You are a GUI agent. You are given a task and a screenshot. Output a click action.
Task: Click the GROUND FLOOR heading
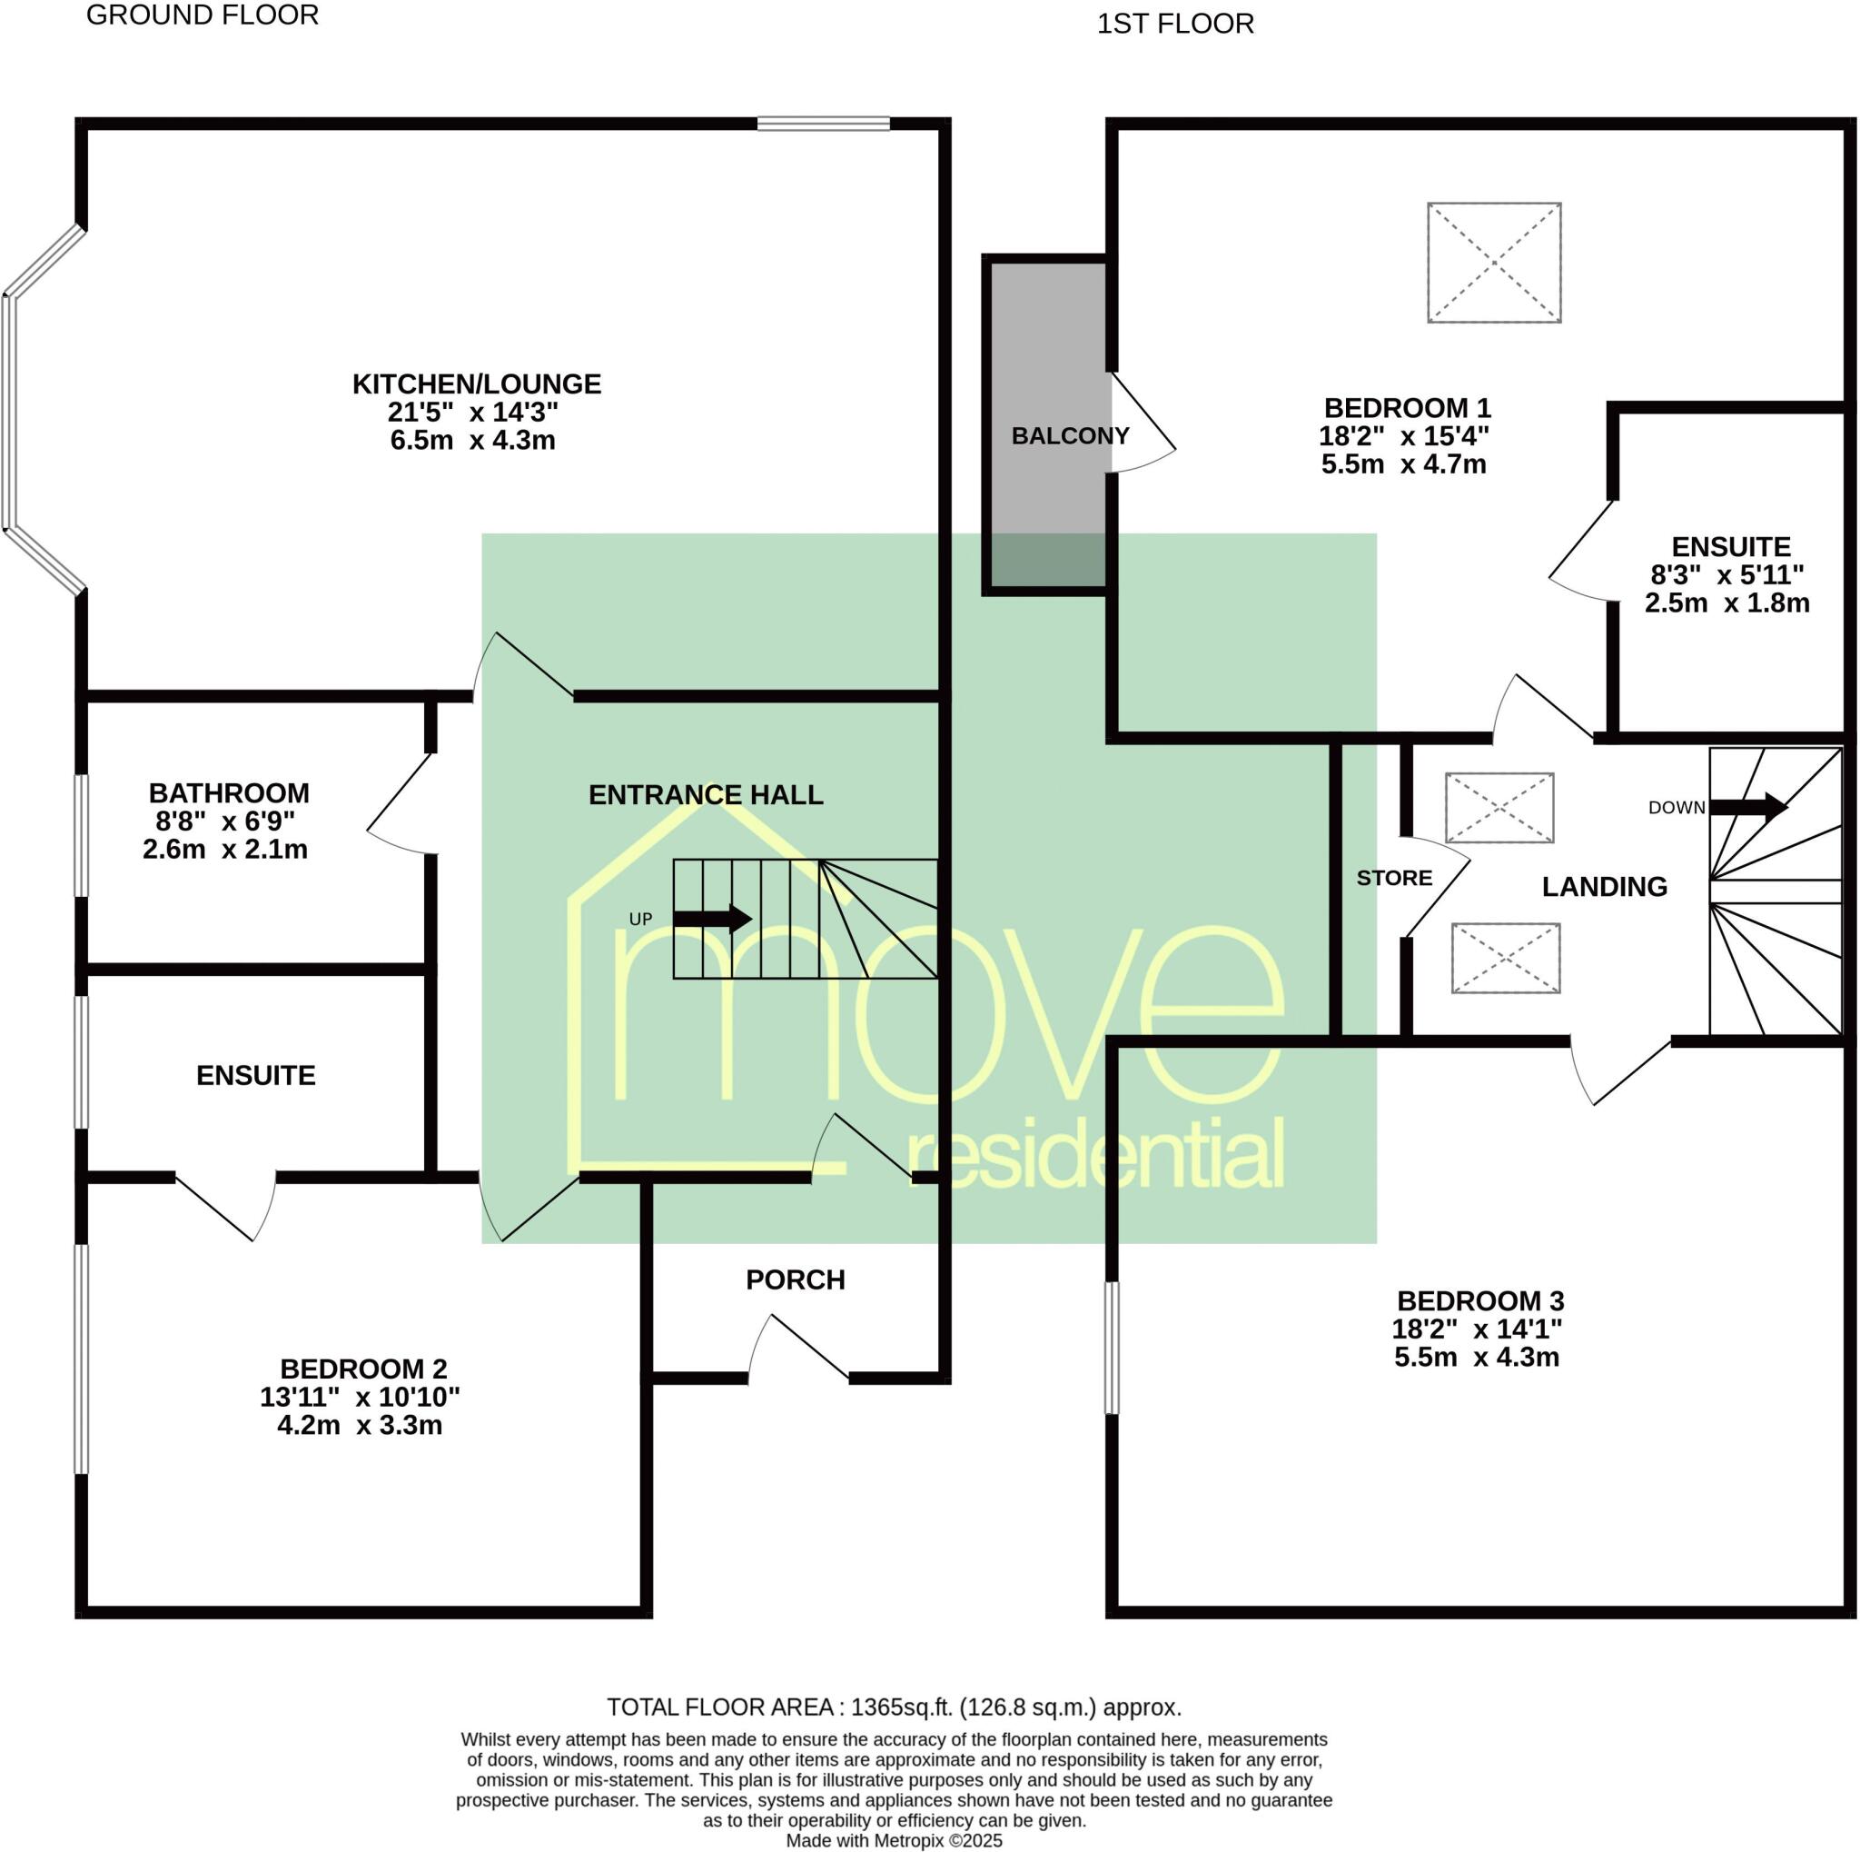203,15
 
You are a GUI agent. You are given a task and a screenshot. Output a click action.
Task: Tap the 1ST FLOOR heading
1175,24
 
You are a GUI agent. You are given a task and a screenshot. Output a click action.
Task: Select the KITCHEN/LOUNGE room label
477,384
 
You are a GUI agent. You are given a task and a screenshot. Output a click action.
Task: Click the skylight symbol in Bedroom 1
1493,262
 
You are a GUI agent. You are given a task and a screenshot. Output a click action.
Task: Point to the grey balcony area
1046,385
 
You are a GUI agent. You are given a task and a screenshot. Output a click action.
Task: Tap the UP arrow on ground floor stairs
712,918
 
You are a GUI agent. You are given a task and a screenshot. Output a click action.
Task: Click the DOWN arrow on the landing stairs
1747,807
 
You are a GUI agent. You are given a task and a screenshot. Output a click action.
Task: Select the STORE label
1394,879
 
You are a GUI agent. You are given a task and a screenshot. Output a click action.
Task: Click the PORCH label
796,1279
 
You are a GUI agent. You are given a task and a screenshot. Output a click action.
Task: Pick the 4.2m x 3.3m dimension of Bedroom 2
360,1426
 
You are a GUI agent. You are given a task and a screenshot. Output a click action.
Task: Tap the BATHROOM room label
229,793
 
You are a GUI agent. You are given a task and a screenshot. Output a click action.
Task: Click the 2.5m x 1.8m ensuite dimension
1727,603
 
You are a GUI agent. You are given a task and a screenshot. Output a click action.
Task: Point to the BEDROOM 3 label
1480,1301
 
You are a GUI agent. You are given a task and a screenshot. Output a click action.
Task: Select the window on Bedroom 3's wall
1112,1349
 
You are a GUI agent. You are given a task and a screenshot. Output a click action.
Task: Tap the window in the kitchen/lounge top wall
823,124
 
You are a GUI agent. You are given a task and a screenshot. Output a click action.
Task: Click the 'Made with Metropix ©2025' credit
895,1840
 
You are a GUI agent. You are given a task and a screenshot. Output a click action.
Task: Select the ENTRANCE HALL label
706,795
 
